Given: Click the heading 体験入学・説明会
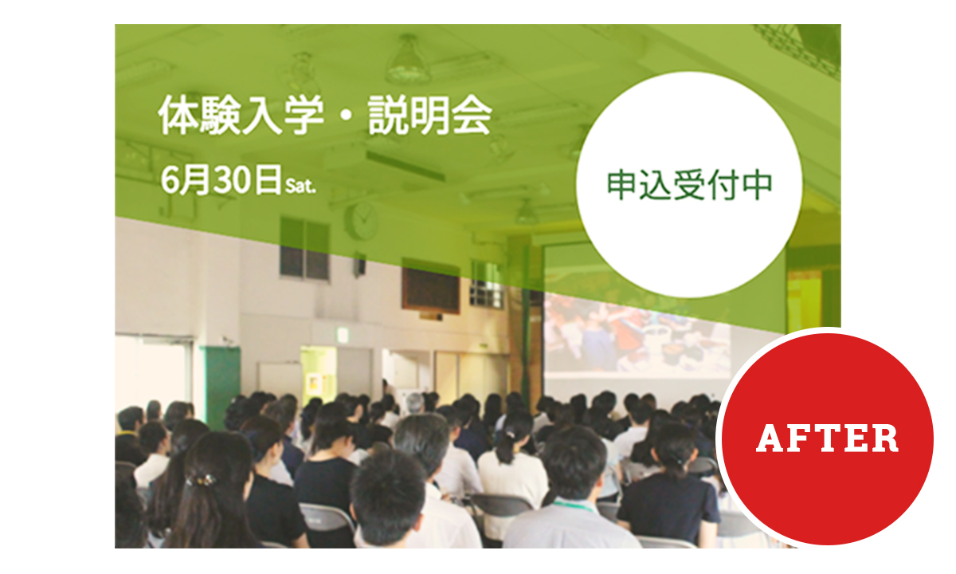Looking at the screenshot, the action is (x=325, y=116).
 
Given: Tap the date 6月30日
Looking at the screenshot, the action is (x=221, y=180).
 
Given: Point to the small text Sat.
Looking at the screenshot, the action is (x=300, y=186).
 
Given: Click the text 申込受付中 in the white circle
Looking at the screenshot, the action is (x=689, y=185).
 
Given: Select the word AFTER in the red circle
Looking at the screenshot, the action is (x=827, y=438).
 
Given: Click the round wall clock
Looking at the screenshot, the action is (x=362, y=221).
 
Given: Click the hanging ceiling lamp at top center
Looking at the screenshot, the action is (x=409, y=60).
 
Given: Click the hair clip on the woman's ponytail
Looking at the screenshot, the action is (x=202, y=481).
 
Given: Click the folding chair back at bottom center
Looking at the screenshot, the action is (x=326, y=518).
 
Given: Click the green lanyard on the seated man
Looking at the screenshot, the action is (x=574, y=505).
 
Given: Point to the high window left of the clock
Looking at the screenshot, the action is (x=304, y=249).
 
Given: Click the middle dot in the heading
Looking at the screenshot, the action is (x=346, y=116).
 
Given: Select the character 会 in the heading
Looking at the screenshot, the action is (x=472, y=116).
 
